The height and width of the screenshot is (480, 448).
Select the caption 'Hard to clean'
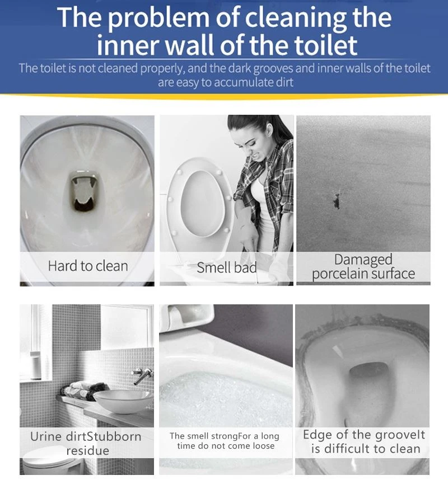(88, 266)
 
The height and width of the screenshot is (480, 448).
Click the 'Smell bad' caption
(227, 267)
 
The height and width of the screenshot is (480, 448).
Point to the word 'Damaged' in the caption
(363, 259)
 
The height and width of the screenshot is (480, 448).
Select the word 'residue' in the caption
(87, 450)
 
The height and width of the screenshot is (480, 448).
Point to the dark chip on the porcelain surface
(337, 200)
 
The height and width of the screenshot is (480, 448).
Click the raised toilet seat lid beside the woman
(200, 199)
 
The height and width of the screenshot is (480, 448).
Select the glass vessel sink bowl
(123, 401)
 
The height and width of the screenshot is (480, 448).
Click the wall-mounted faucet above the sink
(142, 376)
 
